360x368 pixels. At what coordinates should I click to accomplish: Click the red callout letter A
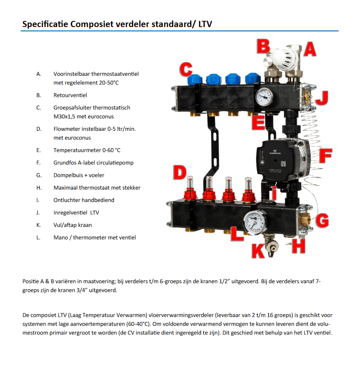click(x=309, y=50)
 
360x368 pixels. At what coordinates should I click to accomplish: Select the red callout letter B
click(x=263, y=46)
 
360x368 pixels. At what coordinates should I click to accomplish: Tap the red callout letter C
click(x=186, y=69)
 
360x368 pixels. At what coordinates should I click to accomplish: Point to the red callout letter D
click(x=179, y=173)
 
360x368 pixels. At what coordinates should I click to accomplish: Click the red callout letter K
click(x=258, y=250)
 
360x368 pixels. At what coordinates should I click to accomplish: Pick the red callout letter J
click(x=322, y=98)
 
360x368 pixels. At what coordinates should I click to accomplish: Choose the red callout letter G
click(x=322, y=221)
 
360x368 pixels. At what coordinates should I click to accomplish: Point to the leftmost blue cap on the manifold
click(x=195, y=79)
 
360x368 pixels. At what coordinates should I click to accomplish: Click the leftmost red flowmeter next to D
click(x=189, y=191)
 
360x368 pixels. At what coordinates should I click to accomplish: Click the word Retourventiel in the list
click(x=70, y=95)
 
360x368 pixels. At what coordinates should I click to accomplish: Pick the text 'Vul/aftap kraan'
click(x=72, y=225)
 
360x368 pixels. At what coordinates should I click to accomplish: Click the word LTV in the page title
click(x=205, y=24)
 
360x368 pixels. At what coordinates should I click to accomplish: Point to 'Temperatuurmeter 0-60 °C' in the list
click(x=87, y=150)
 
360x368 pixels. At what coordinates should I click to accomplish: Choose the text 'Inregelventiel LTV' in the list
click(x=76, y=213)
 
